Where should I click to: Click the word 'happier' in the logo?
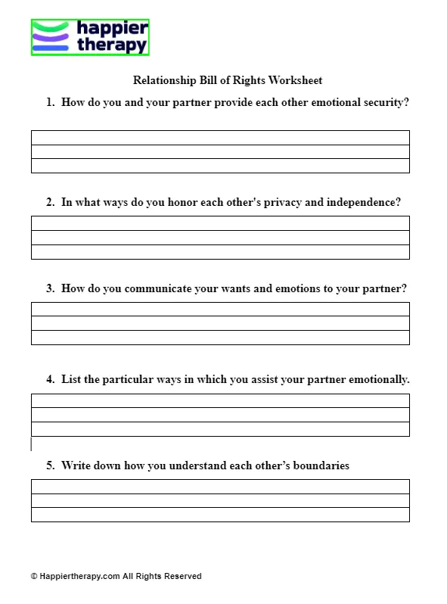pos(113,30)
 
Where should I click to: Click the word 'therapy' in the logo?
pos(112,45)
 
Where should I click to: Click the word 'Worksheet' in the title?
pos(298,80)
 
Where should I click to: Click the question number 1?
pos(50,102)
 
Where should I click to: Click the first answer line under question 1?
pos(220,138)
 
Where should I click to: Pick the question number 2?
pos(50,202)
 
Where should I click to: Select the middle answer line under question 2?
pos(220,238)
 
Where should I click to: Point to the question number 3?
pos(50,288)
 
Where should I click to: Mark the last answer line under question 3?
pos(220,338)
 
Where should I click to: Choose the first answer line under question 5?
pos(220,487)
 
